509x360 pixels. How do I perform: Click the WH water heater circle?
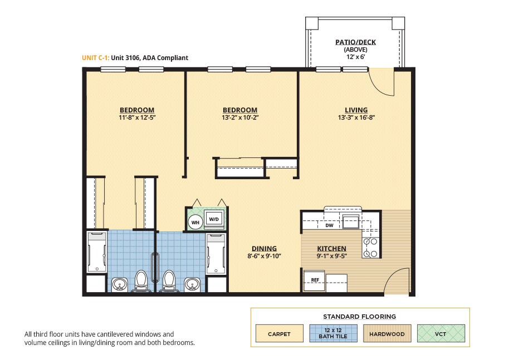pyautogui.click(x=195, y=223)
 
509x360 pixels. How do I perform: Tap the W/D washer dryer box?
pyautogui.click(x=214, y=219)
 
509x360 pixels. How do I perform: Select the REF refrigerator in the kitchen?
pyautogui.click(x=314, y=280)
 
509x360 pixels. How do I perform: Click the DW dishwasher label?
pyautogui.click(x=329, y=225)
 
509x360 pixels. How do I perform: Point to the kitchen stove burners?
pyautogui.click(x=370, y=248)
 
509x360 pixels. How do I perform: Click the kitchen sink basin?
pyautogui.click(x=351, y=221)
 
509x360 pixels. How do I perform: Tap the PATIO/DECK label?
pyautogui.click(x=355, y=42)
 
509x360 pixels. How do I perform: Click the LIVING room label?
pyautogui.click(x=356, y=110)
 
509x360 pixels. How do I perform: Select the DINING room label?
pyautogui.click(x=264, y=248)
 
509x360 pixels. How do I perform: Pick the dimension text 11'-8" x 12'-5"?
pyautogui.click(x=138, y=117)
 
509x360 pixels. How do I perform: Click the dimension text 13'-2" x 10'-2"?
pyautogui.click(x=240, y=117)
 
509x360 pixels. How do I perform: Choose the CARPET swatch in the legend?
pyautogui.click(x=279, y=334)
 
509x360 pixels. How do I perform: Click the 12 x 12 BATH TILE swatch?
pyautogui.click(x=333, y=334)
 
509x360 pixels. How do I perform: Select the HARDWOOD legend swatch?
pyautogui.click(x=387, y=334)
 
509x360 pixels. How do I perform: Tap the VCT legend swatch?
pyautogui.click(x=441, y=334)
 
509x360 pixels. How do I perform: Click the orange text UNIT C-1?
pyautogui.click(x=95, y=58)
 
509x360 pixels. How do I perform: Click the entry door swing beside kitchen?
pyautogui.click(x=394, y=276)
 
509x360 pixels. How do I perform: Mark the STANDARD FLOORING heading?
pyautogui.click(x=359, y=317)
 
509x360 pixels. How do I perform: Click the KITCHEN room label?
pyautogui.click(x=331, y=248)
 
